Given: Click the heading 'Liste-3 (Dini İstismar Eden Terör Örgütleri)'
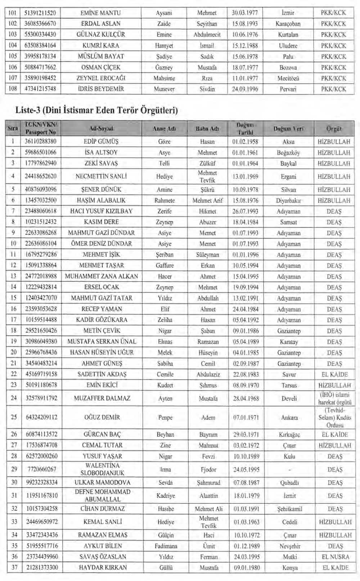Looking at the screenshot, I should tap(96, 110).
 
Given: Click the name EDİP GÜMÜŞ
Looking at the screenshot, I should tap(101, 141).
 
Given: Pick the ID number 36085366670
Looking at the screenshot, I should tap(40, 24).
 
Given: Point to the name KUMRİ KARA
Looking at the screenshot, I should tap(101, 45).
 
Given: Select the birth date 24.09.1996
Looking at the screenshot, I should tap(245, 89).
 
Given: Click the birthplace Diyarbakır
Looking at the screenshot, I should tap(288, 201).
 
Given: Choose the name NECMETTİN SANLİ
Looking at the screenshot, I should tap(101, 176).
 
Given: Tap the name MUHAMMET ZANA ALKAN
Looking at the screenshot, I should tap(102, 276).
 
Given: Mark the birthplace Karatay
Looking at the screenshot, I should tap(289, 342).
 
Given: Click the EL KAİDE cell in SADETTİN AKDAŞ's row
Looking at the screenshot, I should tap(334, 374).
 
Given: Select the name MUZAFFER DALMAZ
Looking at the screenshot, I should tap(102, 398).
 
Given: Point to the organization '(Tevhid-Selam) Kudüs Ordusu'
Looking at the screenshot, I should tap(335, 418).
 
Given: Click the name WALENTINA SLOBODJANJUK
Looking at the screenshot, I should tap(102, 469).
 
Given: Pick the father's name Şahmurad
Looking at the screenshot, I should tap(208, 482).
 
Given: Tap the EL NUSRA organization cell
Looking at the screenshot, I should tap(335, 557).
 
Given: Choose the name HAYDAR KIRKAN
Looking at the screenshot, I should tap(103, 567).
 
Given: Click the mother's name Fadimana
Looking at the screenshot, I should tap(166, 546).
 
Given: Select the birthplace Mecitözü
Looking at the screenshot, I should tap(288, 78).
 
